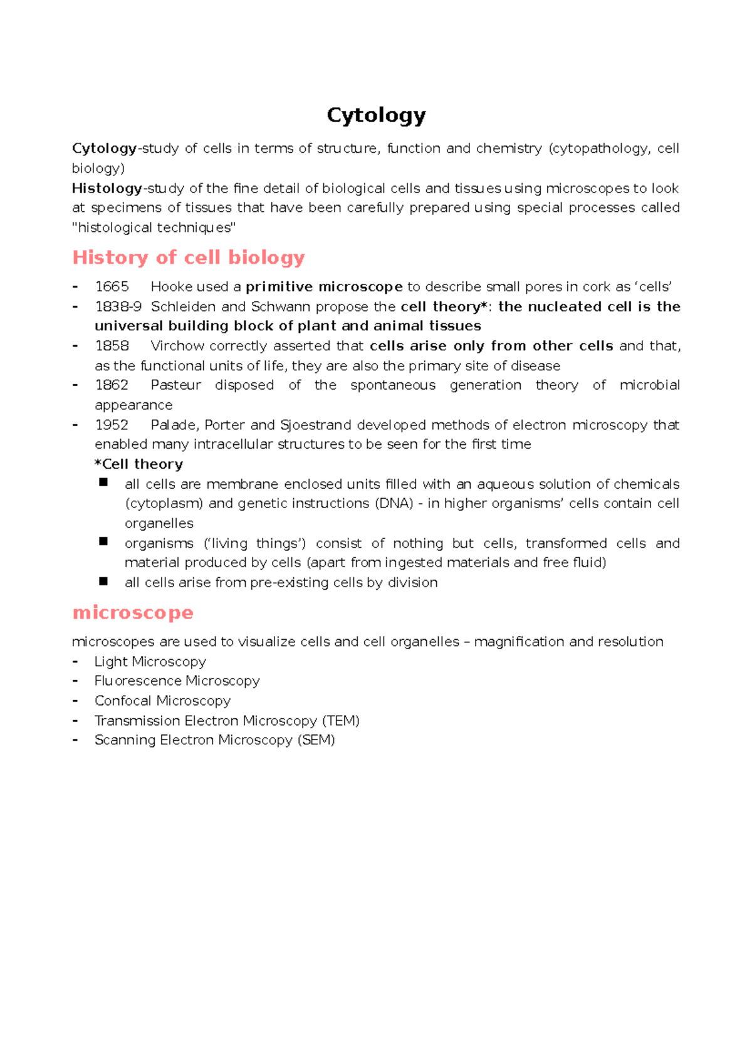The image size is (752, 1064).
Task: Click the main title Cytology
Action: pyautogui.click(x=376, y=115)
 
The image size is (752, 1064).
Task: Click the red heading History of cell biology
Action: pyautogui.click(x=189, y=258)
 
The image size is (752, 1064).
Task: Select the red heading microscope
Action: pyautogui.click(x=133, y=612)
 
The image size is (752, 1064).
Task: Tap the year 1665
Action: pyautogui.click(x=112, y=287)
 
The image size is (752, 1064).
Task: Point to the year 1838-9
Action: pyautogui.click(x=118, y=307)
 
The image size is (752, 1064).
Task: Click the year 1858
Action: pyautogui.click(x=112, y=346)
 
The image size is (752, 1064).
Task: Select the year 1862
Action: pyautogui.click(x=112, y=385)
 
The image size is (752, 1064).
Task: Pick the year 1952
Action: pyautogui.click(x=112, y=425)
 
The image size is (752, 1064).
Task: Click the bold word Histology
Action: pyautogui.click(x=107, y=188)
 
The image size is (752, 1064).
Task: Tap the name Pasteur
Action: pyautogui.click(x=176, y=385)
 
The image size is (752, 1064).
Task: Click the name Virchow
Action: pyautogui.click(x=177, y=346)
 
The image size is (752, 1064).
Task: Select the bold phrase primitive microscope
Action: pyautogui.click(x=324, y=287)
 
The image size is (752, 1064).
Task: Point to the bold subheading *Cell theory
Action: pyautogui.click(x=138, y=464)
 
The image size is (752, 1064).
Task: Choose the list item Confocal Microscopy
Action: pyautogui.click(x=162, y=701)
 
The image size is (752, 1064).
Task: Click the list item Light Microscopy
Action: pyautogui.click(x=150, y=662)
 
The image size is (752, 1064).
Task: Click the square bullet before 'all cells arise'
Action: pyautogui.click(x=103, y=582)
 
